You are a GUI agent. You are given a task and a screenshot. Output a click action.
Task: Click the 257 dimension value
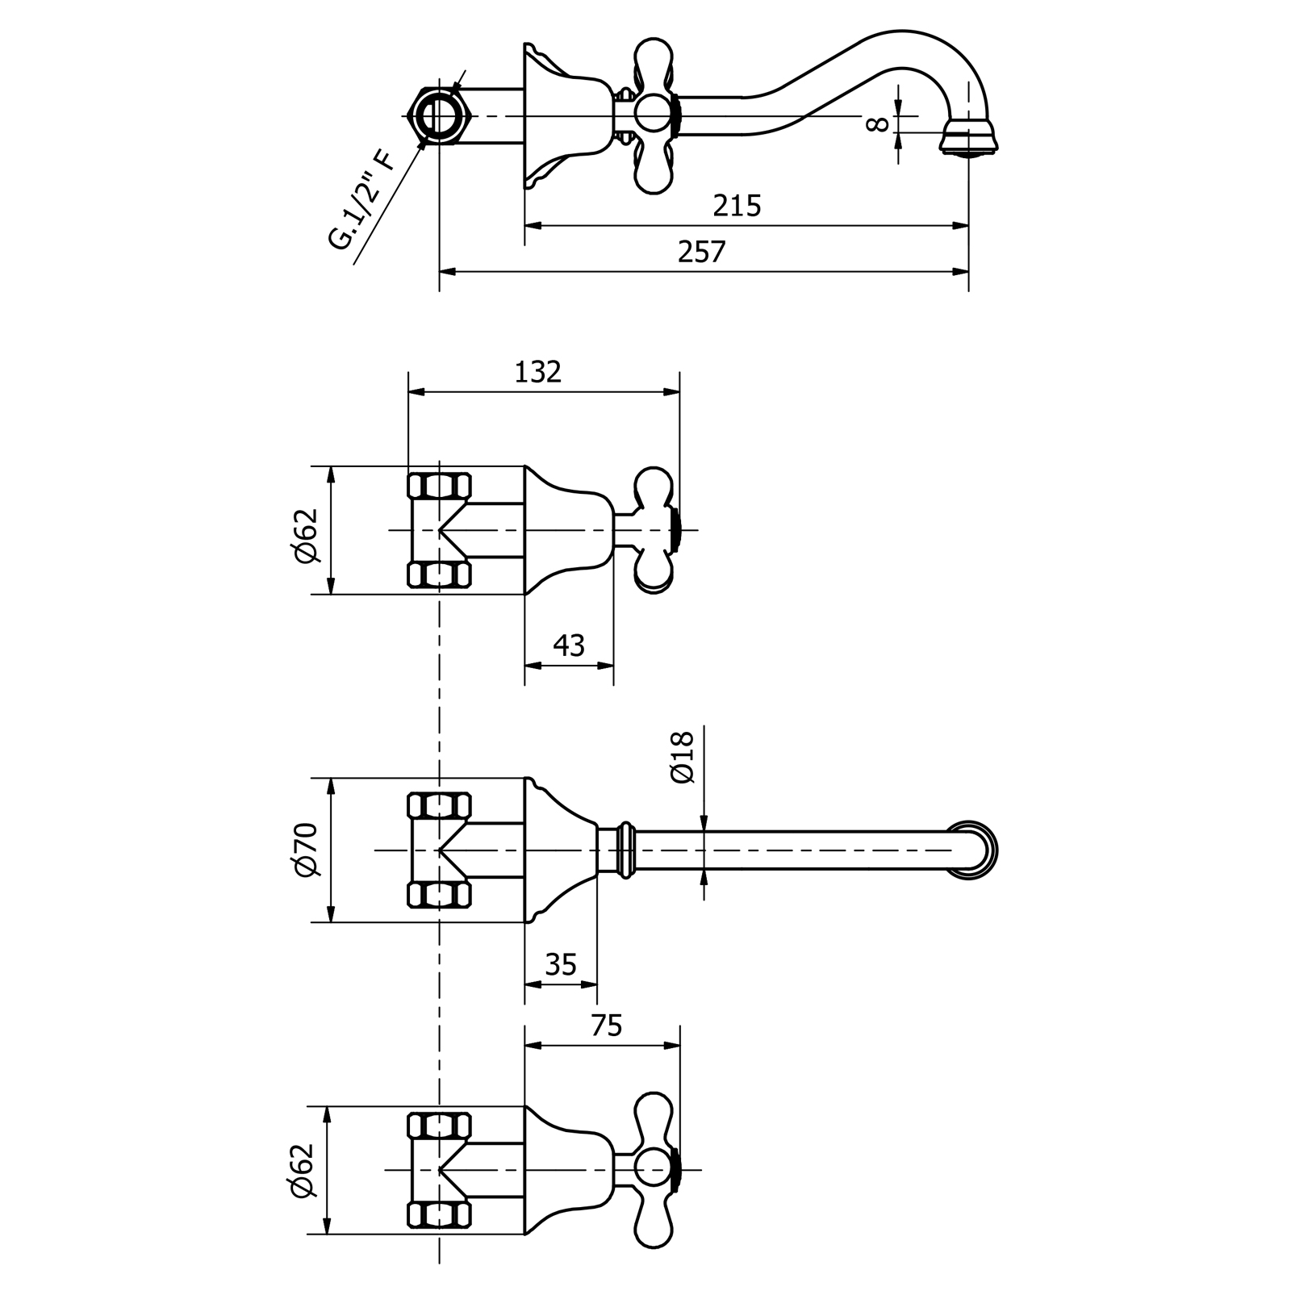pos(702,253)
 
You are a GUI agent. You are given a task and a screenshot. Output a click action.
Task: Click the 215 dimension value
pos(737,207)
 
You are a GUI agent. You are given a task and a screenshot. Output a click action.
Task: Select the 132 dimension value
pos(537,372)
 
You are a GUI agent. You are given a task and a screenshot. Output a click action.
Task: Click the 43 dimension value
pos(569,645)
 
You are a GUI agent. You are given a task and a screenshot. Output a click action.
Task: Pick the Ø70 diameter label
pos(308,850)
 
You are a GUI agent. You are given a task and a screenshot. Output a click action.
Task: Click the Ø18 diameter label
pos(683,757)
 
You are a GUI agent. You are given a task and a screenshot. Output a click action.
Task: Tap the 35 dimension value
pos(562,964)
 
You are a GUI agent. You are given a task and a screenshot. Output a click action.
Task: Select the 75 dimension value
pos(607,1026)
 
